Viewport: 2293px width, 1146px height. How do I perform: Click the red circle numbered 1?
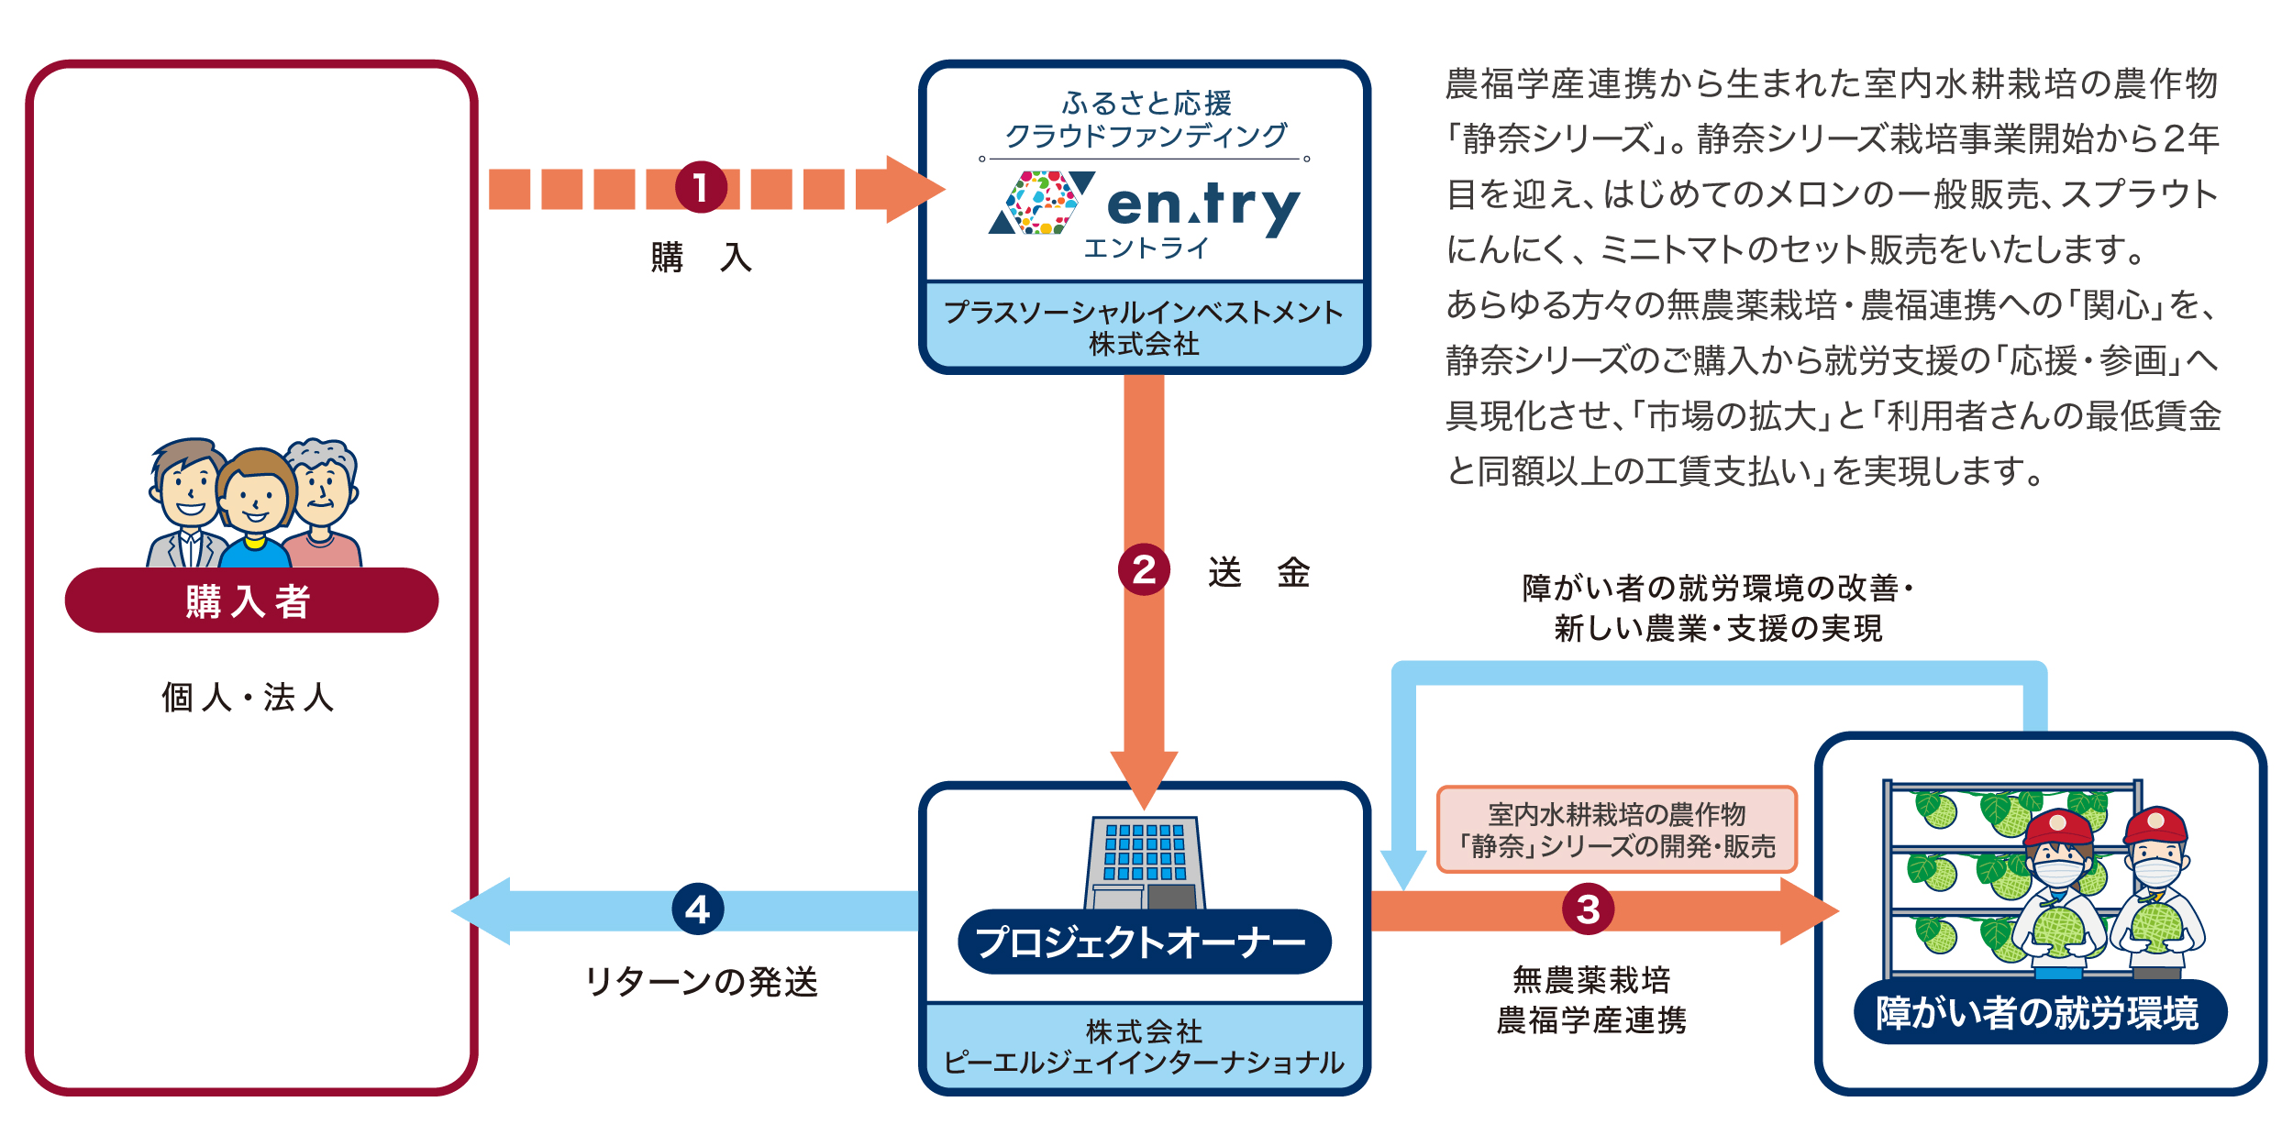point(701,188)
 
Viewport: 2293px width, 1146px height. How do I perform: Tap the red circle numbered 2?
point(1144,570)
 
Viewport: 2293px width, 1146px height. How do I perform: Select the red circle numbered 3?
point(1588,909)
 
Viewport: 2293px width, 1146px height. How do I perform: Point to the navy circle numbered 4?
point(698,909)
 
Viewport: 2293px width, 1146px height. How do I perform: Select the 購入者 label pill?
point(251,601)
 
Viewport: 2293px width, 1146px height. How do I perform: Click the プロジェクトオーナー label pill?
point(1144,942)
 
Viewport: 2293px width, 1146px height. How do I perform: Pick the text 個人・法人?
point(248,698)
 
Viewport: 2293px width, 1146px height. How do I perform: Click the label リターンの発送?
point(701,982)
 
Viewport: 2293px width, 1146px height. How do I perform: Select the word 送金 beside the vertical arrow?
point(1258,572)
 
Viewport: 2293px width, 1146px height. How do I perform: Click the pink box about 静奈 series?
point(1616,830)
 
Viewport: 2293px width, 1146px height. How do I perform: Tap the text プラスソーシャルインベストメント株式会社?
point(1144,327)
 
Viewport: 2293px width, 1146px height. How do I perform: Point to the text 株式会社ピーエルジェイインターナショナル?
point(1144,1046)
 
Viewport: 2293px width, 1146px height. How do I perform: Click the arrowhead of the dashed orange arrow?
point(913,189)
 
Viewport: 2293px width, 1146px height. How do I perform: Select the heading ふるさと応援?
point(1146,103)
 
